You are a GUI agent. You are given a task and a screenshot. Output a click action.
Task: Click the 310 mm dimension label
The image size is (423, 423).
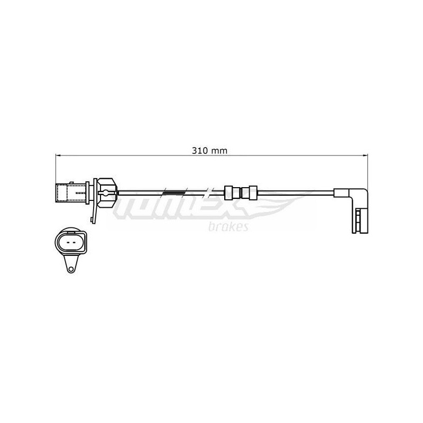pos(209,151)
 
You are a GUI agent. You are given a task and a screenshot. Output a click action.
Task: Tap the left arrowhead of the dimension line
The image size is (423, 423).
pos(58,155)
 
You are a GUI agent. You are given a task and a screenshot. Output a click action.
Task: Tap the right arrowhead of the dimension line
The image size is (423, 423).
pos(365,155)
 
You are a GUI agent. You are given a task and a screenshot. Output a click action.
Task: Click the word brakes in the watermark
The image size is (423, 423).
pos(228,227)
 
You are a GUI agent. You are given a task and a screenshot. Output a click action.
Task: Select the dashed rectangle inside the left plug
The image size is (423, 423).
pos(61,193)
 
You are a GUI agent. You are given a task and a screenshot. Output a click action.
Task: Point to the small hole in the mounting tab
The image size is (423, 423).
pos(71,269)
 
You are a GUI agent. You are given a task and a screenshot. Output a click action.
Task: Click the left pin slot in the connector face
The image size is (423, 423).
pos(68,242)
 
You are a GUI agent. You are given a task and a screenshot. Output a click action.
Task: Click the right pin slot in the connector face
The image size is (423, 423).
pos(74,242)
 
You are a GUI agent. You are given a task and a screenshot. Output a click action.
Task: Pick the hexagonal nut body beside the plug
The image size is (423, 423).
pos(107,192)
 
